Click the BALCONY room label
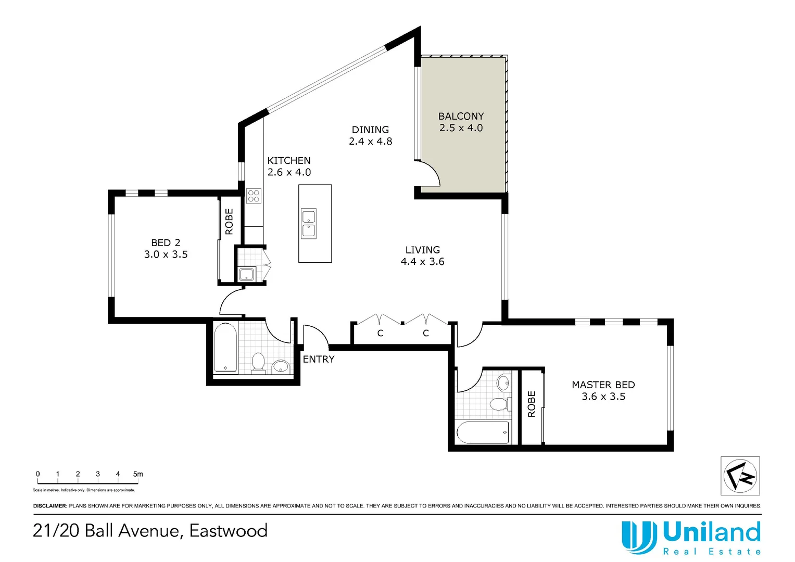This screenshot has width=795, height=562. (461, 116)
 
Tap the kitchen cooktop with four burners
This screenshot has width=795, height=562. (254, 196)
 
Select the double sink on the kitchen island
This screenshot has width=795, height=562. (309, 224)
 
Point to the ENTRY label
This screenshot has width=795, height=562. (318, 359)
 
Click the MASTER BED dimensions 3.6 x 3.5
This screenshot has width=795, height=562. (603, 397)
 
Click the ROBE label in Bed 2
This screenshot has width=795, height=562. (229, 222)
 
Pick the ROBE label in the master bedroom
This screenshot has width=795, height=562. (532, 404)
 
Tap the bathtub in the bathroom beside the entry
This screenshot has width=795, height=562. (225, 348)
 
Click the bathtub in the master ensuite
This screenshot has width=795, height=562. (483, 432)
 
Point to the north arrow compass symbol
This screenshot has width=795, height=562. (740, 476)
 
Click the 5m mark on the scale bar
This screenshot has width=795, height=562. (138, 474)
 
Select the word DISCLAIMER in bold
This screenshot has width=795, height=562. (50, 506)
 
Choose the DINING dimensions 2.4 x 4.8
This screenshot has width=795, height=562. (370, 142)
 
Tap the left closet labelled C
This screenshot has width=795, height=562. (380, 333)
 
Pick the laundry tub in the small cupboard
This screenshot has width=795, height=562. (246, 274)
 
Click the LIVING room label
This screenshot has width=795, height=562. (422, 250)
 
